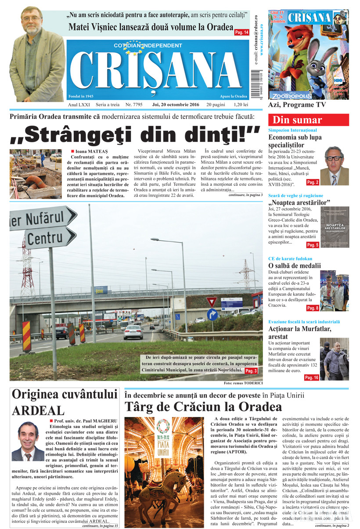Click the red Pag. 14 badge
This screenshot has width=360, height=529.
[x=242, y=32]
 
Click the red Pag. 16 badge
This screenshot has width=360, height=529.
[x=312, y=378]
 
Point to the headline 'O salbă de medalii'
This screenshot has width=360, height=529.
[x=295, y=266]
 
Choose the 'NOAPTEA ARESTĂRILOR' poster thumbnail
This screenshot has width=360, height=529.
[x=335, y=227]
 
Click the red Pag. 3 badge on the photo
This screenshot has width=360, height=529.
[x=251, y=371]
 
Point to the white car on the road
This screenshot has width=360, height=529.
[x=133, y=332]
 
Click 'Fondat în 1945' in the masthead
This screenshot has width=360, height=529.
[x=81, y=96]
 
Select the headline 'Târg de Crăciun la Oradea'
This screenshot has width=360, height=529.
[x=203, y=406]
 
